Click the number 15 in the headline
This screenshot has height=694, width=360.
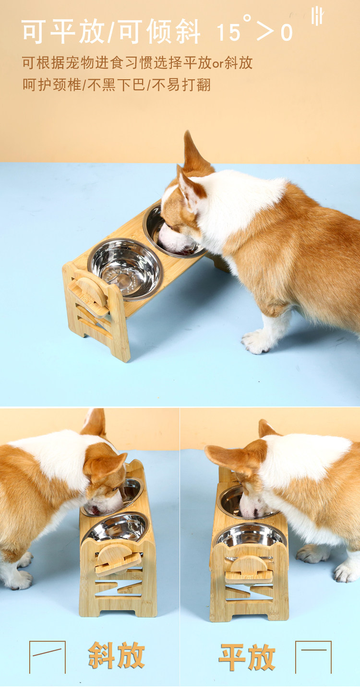(228, 32)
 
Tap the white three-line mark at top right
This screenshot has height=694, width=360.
(317, 16)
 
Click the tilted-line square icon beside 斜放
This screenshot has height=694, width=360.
(48, 657)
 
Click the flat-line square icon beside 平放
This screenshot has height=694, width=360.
(313, 657)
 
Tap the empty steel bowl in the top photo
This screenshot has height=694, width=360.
(125, 269)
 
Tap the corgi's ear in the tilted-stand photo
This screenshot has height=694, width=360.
(105, 467)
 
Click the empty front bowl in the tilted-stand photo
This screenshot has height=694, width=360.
(115, 528)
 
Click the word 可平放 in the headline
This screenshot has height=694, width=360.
(63, 31)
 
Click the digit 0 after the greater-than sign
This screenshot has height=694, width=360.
(287, 33)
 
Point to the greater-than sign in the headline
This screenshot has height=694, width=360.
(266, 32)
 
